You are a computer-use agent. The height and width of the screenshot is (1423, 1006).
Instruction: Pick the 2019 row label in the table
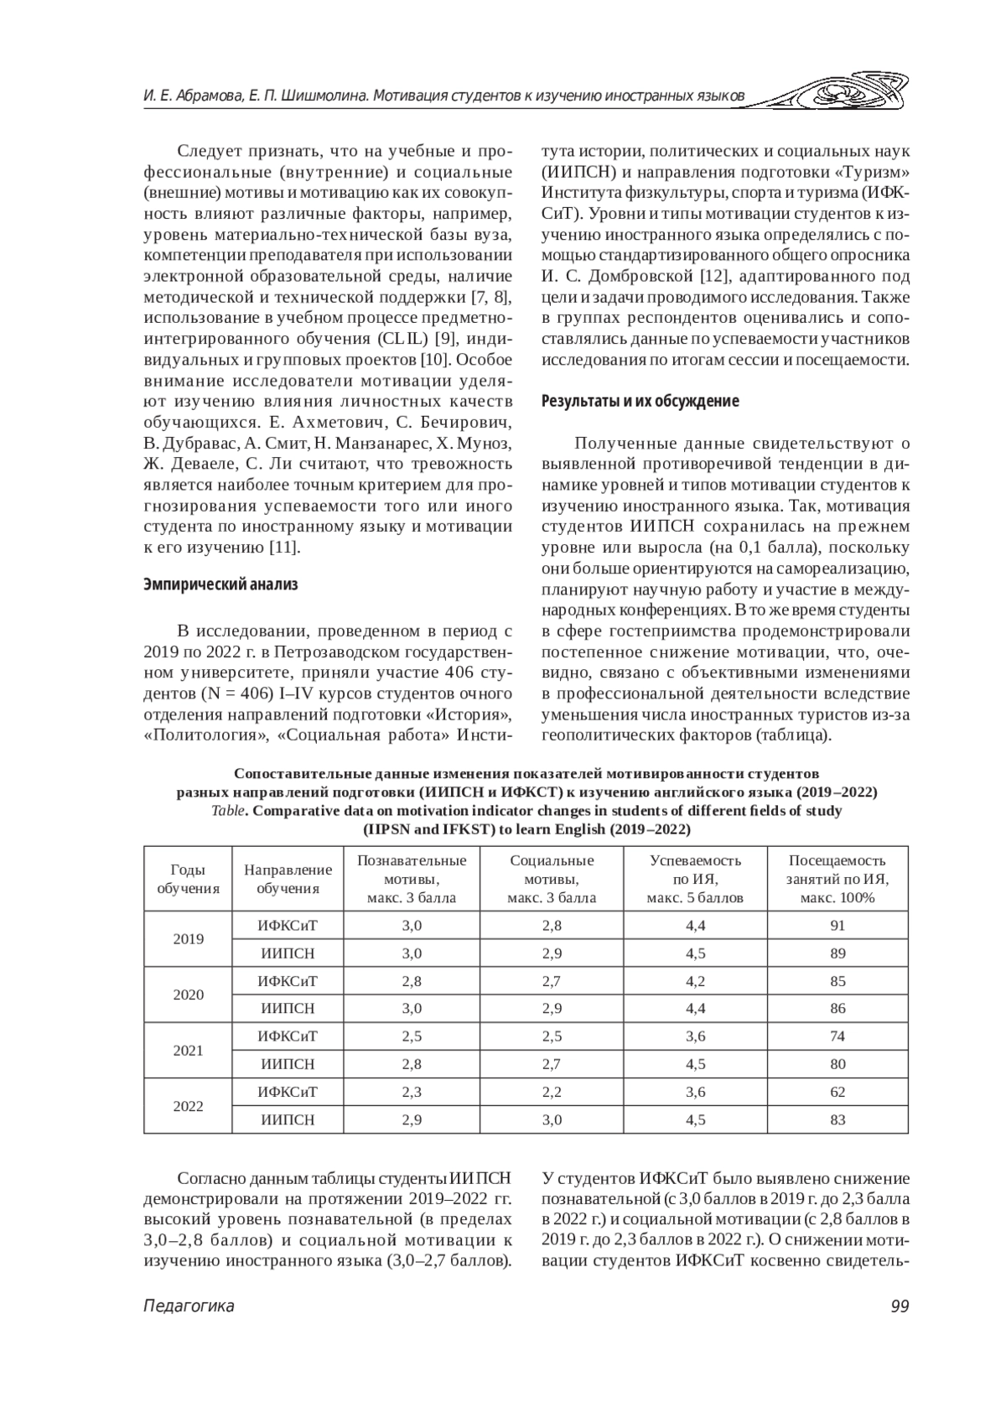[x=189, y=939]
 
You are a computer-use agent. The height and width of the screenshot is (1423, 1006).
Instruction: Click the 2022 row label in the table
[x=189, y=1106]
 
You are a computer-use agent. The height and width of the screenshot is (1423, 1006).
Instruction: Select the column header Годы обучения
[x=189, y=879]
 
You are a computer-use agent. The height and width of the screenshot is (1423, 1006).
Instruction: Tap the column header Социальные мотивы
[x=552, y=879]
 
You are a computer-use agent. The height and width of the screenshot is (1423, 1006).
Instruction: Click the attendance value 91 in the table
[x=837, y=926]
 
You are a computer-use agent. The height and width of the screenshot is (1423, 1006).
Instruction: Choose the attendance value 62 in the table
[x=837, y=1092]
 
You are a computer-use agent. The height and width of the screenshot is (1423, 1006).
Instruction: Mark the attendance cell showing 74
[x=837, y=1036]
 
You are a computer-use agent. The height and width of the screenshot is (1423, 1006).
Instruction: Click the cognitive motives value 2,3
[x=412, y=1092]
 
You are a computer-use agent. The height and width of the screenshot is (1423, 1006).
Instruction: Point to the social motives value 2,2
[x=552, y=1092]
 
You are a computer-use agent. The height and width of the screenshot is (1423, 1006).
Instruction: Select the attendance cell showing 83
[x=837, y=1119]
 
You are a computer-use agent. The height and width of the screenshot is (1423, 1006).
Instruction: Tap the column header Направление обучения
[x=288, y=879]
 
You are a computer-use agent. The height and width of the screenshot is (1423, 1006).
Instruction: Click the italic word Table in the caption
[x=229, y=811]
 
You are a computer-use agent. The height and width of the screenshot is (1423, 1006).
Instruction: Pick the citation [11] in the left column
[x=283, y=548]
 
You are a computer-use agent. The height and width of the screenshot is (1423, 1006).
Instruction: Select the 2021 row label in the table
[x=189, y=1051]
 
